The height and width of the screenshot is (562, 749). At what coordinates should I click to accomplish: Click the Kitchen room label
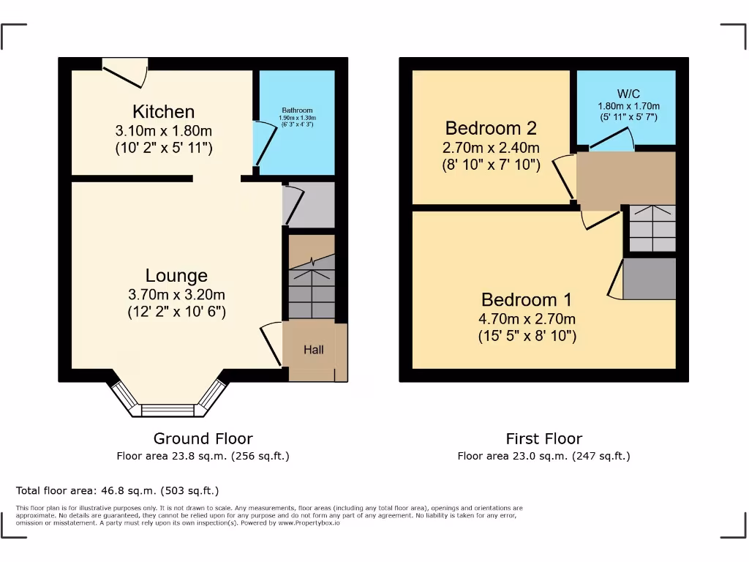[x=163, y=112]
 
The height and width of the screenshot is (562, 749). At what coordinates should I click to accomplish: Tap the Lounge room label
[x=176, y=276]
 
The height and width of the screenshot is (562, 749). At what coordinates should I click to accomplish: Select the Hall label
[x=314, y=350]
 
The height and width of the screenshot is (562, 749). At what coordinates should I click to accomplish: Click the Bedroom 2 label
[x=491, y=129]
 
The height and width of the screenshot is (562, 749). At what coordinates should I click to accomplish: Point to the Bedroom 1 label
[x=527, y=300]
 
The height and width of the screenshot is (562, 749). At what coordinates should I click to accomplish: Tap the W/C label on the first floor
[x=628, y=94]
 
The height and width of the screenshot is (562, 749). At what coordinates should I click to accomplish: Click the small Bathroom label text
[x=297, y=110]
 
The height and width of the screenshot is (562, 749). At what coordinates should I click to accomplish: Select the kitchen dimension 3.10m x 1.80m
[x=164, y=131]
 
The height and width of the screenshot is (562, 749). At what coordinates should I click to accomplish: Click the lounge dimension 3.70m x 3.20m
[x=176, y=295]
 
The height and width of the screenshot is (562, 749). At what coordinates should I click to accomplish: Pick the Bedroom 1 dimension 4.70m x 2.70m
[x=527, y=319]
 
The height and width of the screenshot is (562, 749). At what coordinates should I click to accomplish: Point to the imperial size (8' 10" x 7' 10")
[x=491, y=165]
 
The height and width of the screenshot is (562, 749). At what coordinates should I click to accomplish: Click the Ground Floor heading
[x=203, y=438]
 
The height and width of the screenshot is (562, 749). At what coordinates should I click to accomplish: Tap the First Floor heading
[x=543, y=438]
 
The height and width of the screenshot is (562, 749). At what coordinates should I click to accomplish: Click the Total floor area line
[x=117, y=490]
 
